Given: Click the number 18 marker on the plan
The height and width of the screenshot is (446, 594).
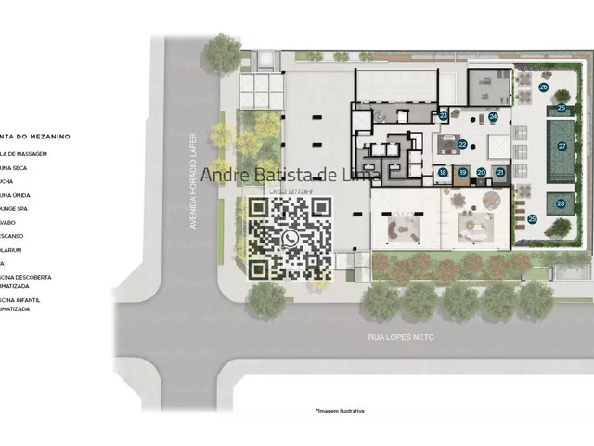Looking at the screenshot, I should (443, 172).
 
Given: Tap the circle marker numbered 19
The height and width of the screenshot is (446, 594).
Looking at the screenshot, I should (462, 172).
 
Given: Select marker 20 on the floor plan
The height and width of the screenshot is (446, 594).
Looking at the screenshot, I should (482, 172).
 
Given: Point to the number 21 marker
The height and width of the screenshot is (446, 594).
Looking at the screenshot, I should (501, 172).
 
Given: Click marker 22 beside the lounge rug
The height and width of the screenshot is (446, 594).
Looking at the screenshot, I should (462, 145).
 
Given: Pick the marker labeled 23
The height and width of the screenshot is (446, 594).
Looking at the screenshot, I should (444, 115).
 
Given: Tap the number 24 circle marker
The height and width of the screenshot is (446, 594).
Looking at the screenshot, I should (493, 117).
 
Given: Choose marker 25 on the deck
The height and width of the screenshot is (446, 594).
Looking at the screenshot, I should (532, 219).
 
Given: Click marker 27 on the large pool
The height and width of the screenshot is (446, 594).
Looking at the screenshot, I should (562, 146).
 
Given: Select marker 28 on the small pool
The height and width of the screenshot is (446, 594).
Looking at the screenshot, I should (561, 203).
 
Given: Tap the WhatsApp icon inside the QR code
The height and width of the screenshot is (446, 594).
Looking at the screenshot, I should (291, 239).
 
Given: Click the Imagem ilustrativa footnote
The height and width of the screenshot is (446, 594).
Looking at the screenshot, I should (340, 410).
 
